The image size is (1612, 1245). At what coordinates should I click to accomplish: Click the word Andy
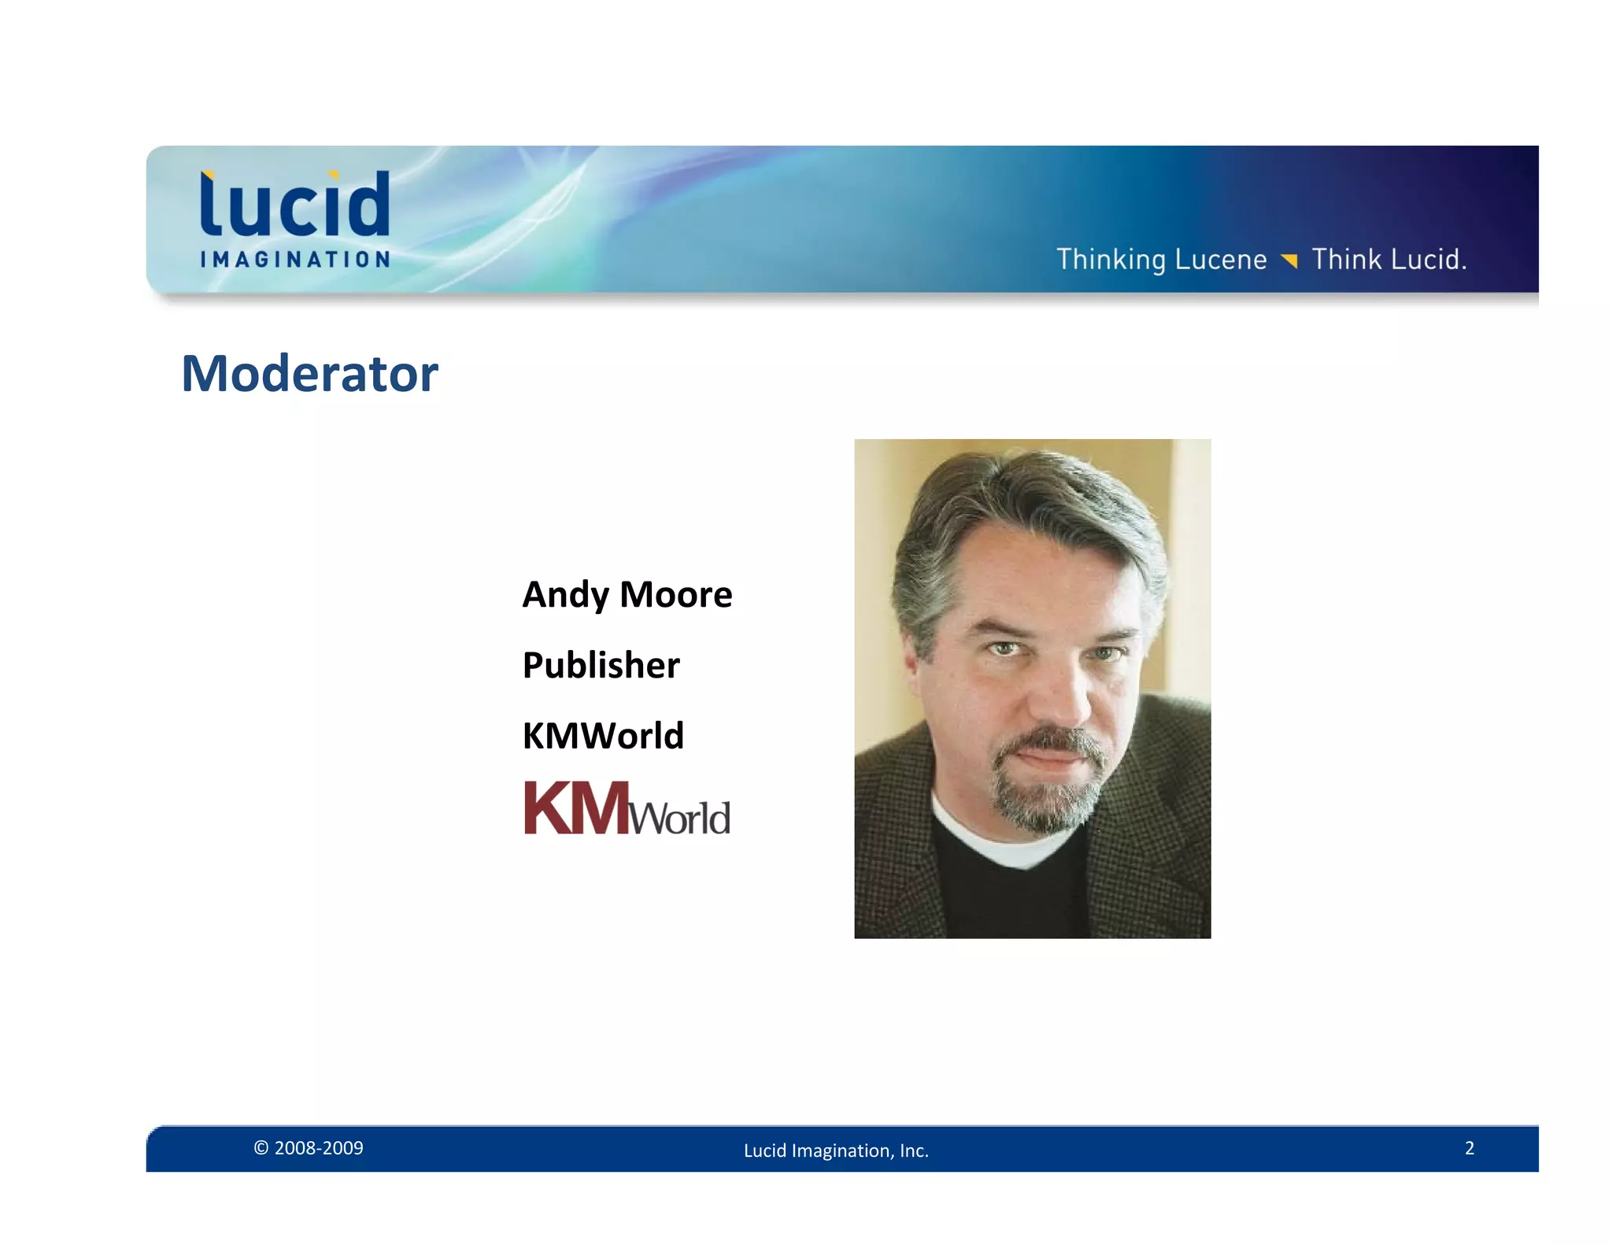click(565, 595)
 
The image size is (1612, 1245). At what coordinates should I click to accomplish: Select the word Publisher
click(601, 665)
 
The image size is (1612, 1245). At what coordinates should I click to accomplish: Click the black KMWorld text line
click(603, 736)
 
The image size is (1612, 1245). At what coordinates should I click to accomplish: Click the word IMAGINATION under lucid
click(295, 260)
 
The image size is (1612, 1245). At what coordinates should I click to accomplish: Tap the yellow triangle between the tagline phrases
click(1288, 260)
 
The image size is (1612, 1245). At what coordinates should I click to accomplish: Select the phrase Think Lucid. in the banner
click(1389, 260)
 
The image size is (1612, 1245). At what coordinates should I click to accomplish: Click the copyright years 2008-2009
click(319, 1148)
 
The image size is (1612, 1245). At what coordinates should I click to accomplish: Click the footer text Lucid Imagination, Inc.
click(836, 1151)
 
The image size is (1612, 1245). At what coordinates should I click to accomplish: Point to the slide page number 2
click(1469, 1148)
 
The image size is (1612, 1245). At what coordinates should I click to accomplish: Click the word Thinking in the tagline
click(1111, 260)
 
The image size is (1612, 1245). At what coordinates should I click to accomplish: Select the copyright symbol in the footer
click(261, 1148)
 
